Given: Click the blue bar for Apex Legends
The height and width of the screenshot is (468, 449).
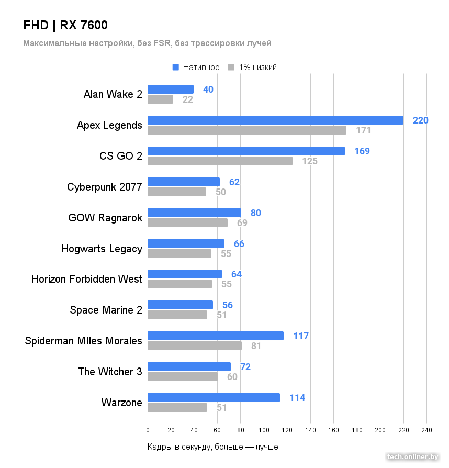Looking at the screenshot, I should click(x=275, y=120).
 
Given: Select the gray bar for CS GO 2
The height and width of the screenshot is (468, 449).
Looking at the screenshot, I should click(x=220, y=161).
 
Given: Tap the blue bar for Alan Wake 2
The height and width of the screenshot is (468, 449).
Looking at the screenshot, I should click(x=171, y=90).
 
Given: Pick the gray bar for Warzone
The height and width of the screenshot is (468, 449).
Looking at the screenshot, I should click(x=177, y=408).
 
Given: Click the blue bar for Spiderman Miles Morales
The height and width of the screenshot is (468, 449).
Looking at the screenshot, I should click(x=216, y=336).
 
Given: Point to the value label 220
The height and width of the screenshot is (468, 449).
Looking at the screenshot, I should click(x=420, y=120).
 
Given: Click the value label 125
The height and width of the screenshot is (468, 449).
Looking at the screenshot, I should click(x=310, y=161).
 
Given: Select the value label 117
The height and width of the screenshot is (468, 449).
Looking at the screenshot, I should click(x=301, y=336).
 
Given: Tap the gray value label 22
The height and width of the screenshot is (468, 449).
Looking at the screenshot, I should click(x=188, y=99).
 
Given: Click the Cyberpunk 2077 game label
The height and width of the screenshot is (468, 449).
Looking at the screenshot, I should click(x=105, y=187).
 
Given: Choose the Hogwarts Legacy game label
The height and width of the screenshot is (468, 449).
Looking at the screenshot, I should click(x=102, y=249).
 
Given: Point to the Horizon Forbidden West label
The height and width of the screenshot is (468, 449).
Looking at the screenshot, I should click(x=87, y=279).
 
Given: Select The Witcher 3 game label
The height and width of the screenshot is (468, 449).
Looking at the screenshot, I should click(x=110, y=372).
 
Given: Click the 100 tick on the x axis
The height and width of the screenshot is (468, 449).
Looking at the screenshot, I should click(x=264, y=430).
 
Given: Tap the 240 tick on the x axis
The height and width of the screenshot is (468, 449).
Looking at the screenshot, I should click(x=426, y=430).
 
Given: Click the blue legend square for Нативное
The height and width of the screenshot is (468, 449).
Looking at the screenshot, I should click(x=176, y=68).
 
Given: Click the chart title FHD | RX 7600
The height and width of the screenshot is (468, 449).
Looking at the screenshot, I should click(x=65, y=26).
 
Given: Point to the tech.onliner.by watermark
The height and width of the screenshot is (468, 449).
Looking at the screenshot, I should click(x=412, y=457).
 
